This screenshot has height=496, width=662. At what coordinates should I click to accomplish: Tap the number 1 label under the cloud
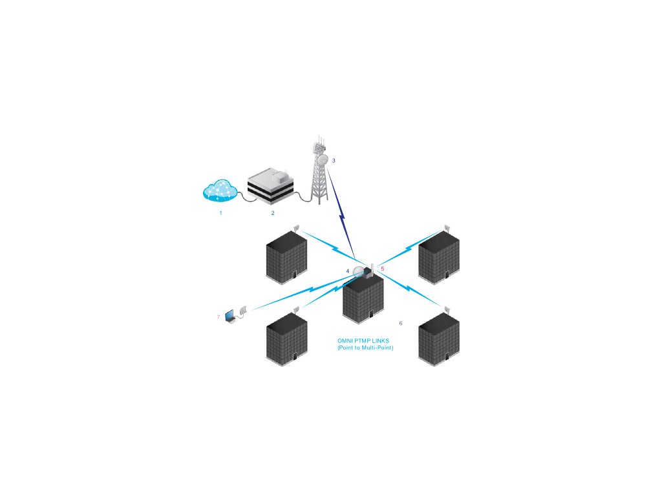[220, 212]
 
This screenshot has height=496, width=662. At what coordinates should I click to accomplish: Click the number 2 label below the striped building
[273, 212]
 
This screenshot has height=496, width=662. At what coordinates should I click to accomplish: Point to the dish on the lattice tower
[321, 160]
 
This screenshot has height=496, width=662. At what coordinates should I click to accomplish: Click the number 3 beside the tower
[334, 160]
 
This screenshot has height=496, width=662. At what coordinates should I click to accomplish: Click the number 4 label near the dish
[348, 271]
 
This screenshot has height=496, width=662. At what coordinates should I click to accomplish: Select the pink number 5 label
[383, 268]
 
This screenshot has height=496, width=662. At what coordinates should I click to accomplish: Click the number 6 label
[401, 323]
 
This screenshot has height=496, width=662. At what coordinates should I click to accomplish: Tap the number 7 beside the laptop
[219, 317]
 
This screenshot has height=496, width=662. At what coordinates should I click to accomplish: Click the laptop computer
[230, 316]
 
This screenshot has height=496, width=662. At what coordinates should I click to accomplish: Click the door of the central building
[370, 315]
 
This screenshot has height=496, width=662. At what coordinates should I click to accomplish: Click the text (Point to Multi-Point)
[365, 348]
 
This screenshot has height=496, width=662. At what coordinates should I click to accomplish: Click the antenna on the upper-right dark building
[446, 227]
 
